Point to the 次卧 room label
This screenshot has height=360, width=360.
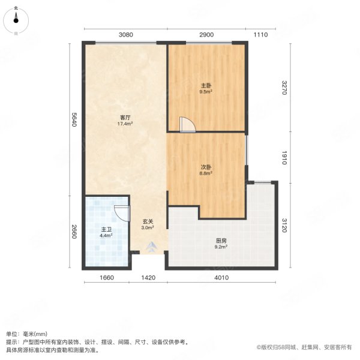(x=206, y=167)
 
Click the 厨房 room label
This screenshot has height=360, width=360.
(x=221, y=241)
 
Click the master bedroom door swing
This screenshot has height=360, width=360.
(x=188, y=124)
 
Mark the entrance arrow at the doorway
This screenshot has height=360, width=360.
(x=149, y=245)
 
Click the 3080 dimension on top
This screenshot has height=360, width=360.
(x=125, y=35)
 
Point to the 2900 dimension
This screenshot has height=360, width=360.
(x=206, y=35)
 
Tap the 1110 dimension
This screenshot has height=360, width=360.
(x=260, y=35)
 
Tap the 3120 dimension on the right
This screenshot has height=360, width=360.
(x=286, y=224)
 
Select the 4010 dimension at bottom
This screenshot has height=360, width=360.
(x=221, y=277)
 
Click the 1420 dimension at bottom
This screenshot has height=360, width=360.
(x=149, y=277)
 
